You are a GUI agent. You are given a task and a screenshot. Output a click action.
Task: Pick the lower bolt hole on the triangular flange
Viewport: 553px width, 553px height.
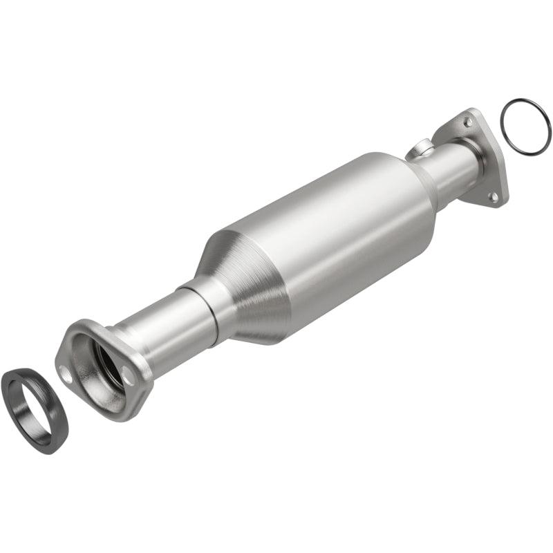(493, 196)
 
